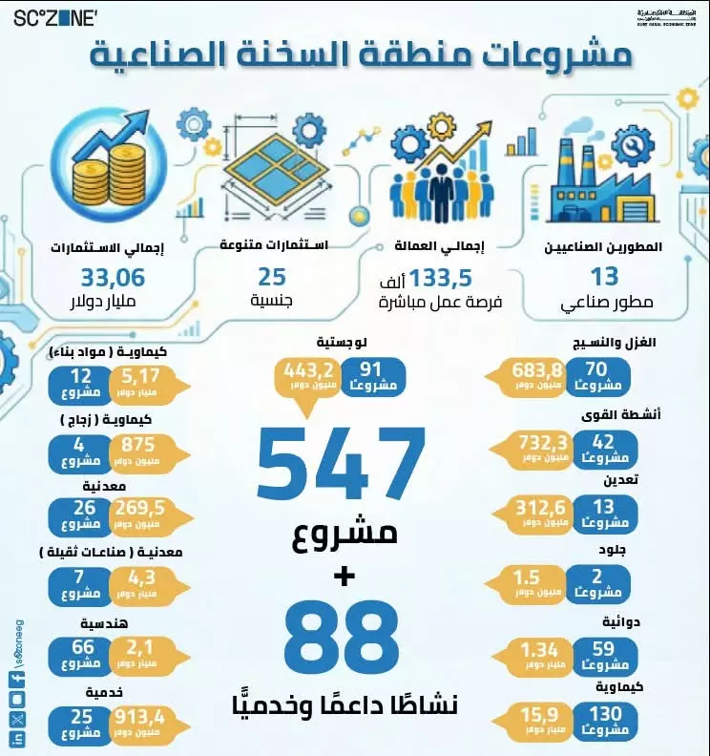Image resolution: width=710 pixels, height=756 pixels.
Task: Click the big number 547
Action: (341, 462)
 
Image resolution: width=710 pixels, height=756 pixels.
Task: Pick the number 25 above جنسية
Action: (272, 279)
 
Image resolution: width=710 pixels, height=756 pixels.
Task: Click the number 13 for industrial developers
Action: (605, 279)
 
